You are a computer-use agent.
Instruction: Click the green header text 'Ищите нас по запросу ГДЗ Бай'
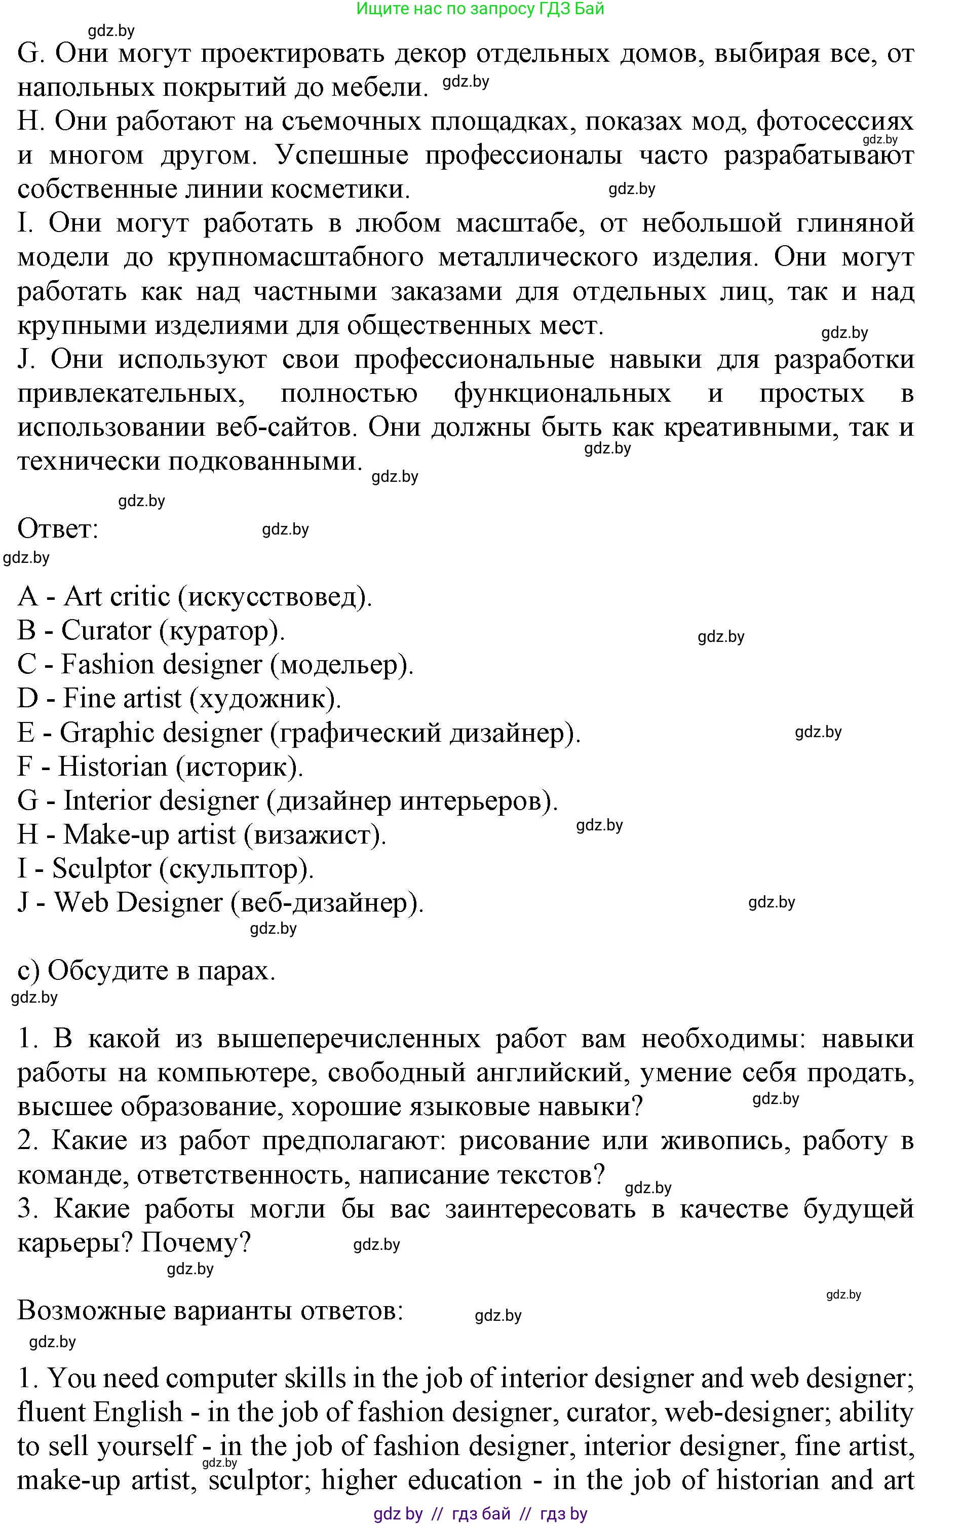480,9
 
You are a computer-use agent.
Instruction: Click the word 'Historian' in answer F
112,767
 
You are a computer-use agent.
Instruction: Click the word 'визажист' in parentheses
317,835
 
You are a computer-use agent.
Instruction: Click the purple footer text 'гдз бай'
481,1514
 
